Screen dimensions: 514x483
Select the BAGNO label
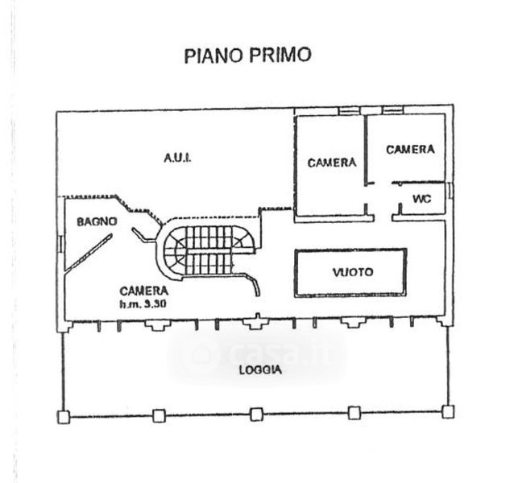(97, 221)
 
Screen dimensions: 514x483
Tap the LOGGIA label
(259, 370)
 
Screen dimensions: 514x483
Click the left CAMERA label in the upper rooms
(331, 162)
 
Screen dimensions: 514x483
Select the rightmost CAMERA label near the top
(409, 149)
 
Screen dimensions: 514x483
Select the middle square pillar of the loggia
(255, 414)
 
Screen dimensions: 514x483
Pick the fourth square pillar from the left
(352, 414)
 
